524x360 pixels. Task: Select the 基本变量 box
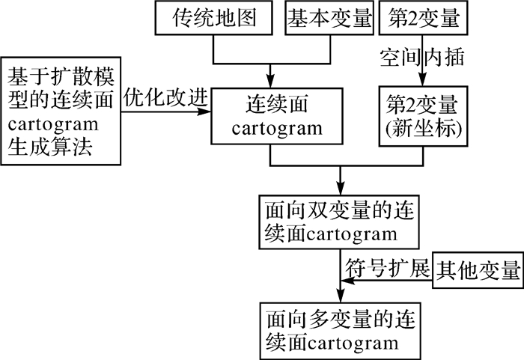[x=330, y=18]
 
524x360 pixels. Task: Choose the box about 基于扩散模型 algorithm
[x=60, y=110]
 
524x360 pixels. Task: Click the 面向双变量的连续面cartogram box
[x=333, y=222]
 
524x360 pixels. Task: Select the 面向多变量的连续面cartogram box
[x=333, y=332]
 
